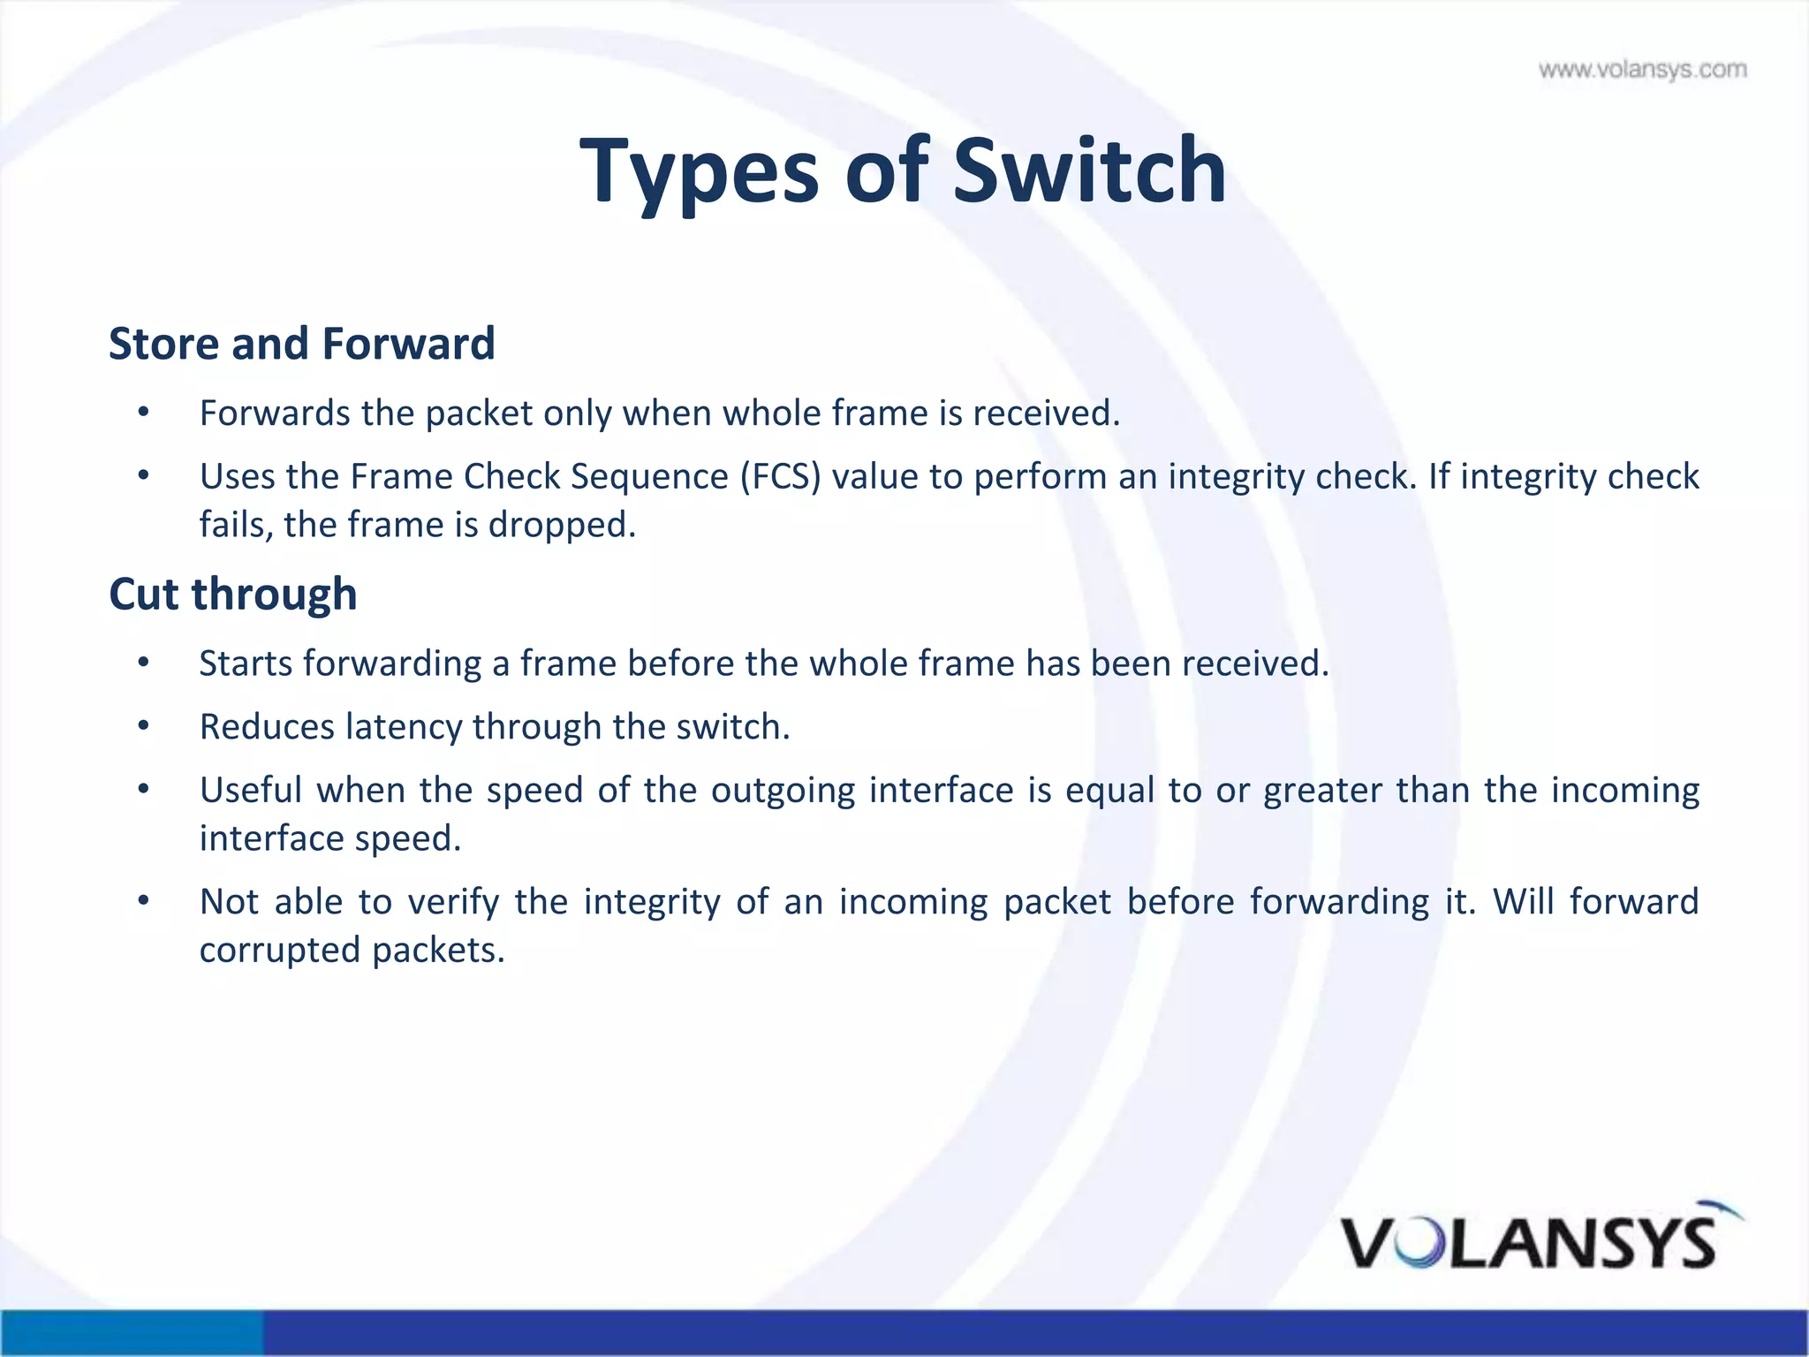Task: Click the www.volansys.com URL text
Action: [1642, 70]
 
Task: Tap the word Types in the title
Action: [700, 172]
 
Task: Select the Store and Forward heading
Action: [301, 343]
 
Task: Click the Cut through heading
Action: [232, 594]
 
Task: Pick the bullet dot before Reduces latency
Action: [144, 726]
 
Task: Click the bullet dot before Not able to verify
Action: [144, 901]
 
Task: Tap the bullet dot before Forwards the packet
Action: [144, 413]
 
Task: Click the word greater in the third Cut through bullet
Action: [1322, 790]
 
